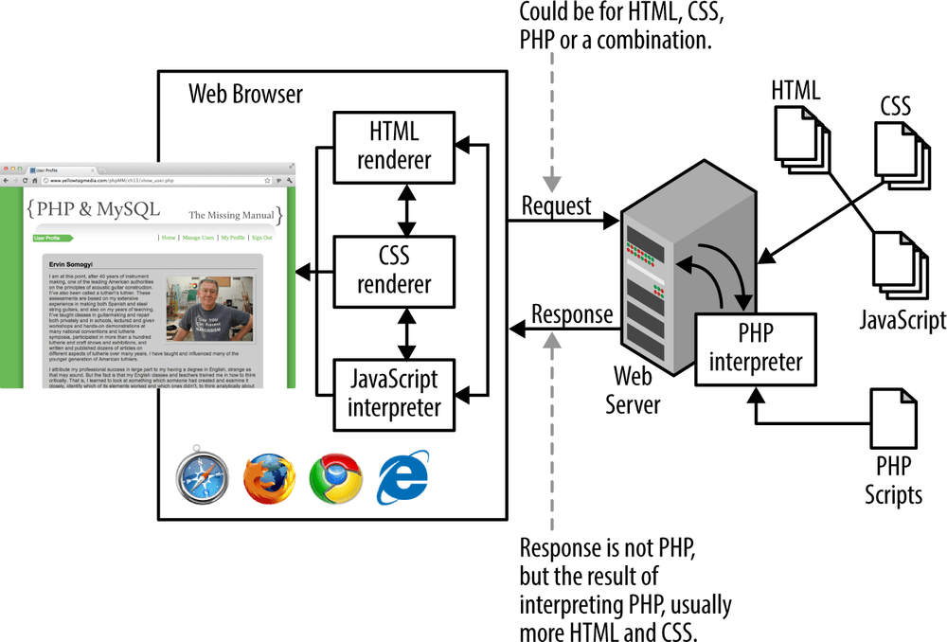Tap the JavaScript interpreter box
click(x=394, y=394)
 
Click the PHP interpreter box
click(x=755, y=348)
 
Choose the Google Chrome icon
click(x=336, y=478)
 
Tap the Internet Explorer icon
click(x=402, y=478)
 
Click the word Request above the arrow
click(x=556, y=205)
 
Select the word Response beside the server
click(x=571, y=314)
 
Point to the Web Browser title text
click(x=246, y=94)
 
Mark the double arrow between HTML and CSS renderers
click(x=407, y=209)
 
